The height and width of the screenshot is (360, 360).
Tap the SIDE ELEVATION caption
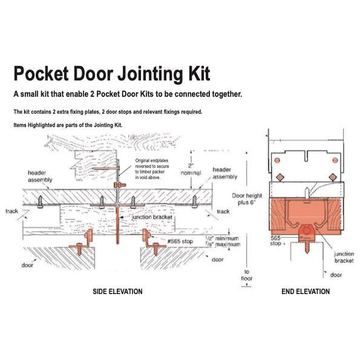(x=117, y=292)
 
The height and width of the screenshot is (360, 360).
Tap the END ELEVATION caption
(x=306, y=292)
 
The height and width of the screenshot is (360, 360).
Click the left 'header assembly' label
(x=42, y=176)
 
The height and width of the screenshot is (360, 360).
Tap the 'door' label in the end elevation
(x=336, y=275)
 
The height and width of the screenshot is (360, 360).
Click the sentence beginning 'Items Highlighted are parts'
(x=73, y=125)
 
